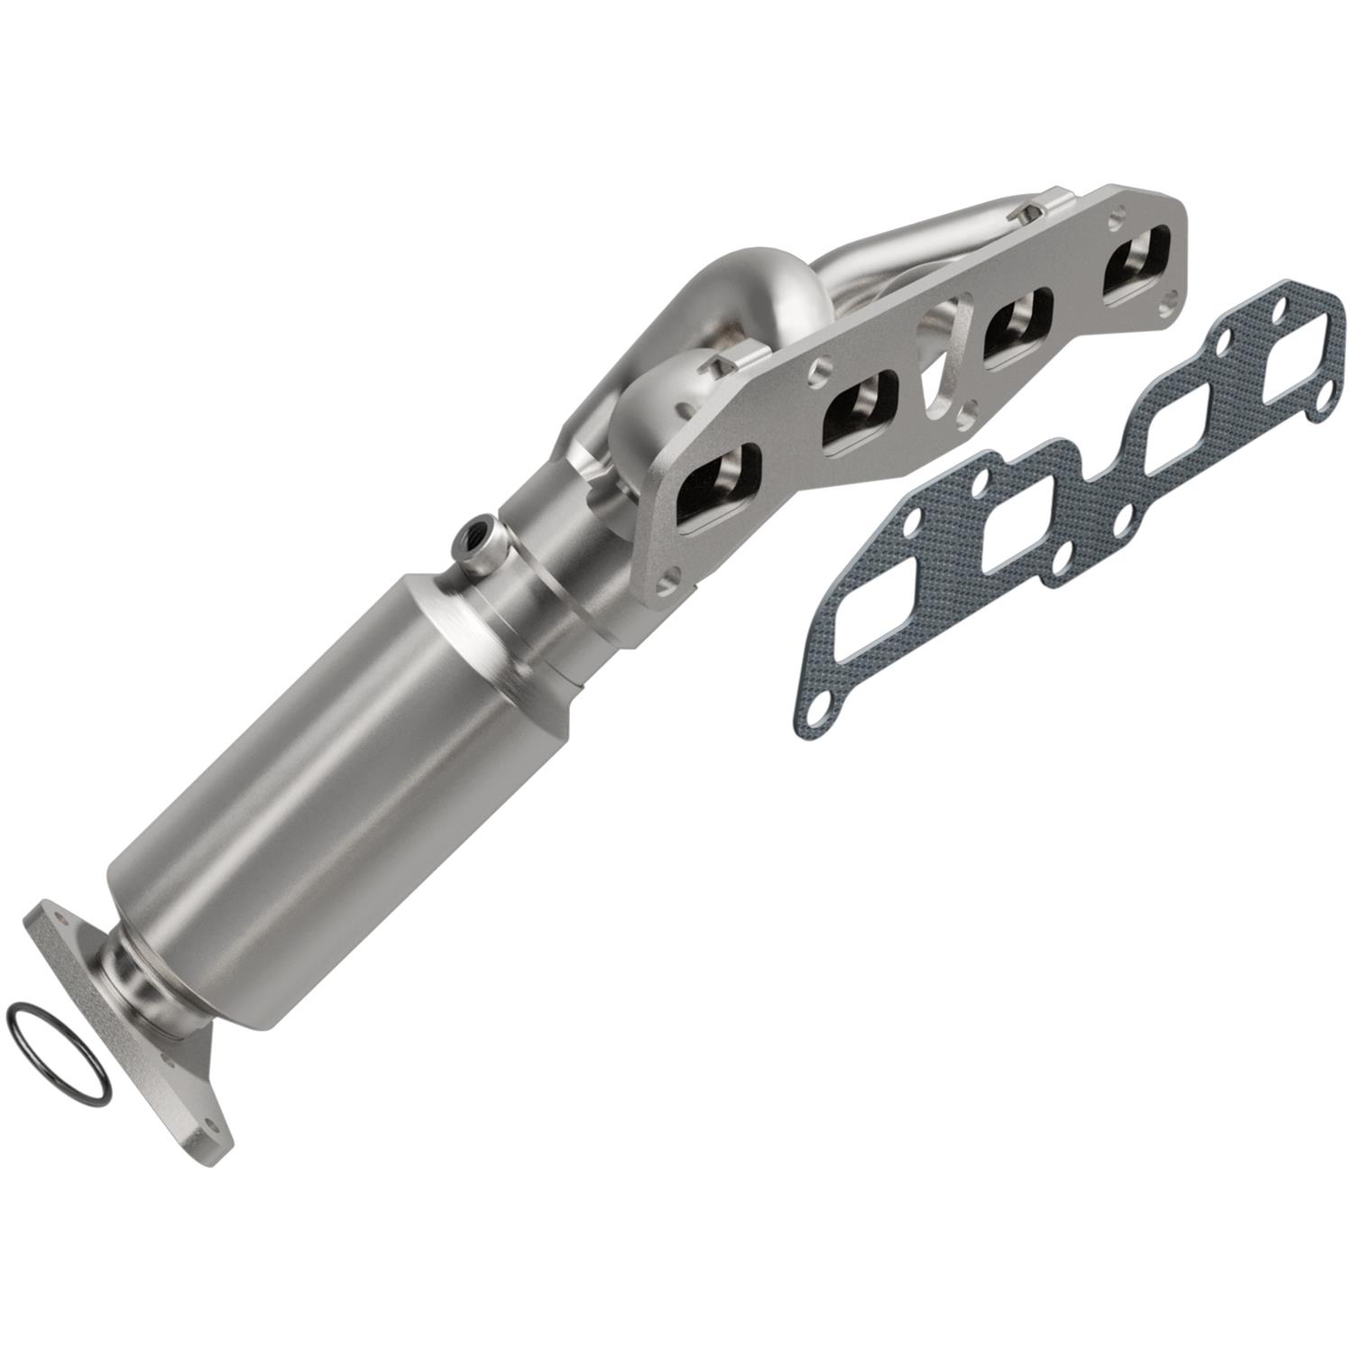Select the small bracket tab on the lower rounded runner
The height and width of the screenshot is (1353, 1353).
[726, 364]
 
